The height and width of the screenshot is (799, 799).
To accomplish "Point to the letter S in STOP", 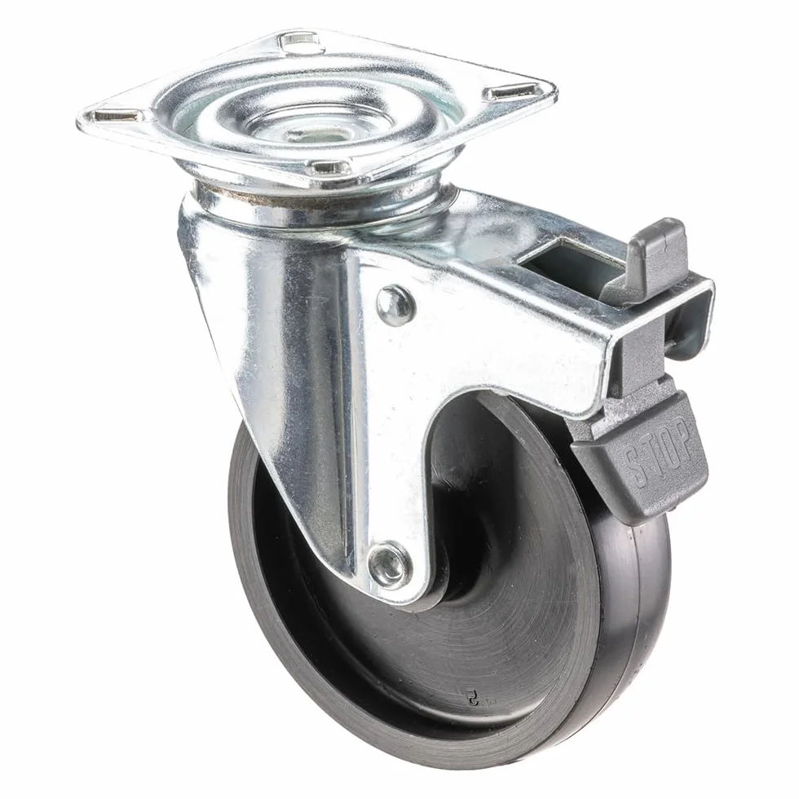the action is point(634,466).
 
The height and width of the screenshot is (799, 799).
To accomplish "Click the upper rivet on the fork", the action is point(396,305).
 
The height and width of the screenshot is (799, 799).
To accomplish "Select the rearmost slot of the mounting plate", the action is point(302,42).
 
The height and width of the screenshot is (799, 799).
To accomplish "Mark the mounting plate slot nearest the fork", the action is point(330,166).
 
